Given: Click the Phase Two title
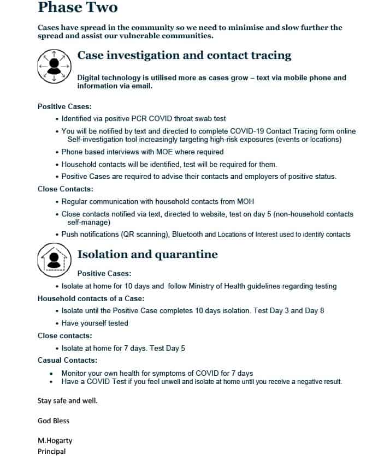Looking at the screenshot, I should pyautogui.click(x=78, y=8).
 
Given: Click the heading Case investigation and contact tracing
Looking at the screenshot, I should pyautogui.click(x=184, y=56).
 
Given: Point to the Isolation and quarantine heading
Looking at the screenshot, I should pyautogui.click(x=147, y=255).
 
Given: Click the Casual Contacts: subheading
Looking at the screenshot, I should pyautogui.click(x=68, y=361).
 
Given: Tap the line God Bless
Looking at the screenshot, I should pyautogui.click(x=54, y=421).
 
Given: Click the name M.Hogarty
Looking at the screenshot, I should pyautogui.click(x=55, y=441).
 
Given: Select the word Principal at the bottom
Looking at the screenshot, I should pyautogui.click(x=51, y=452).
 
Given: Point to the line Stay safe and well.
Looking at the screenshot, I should pyautogui.click(x=67, y=401).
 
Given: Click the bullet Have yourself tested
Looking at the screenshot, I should pyautogui.click(x=94, y=323).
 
